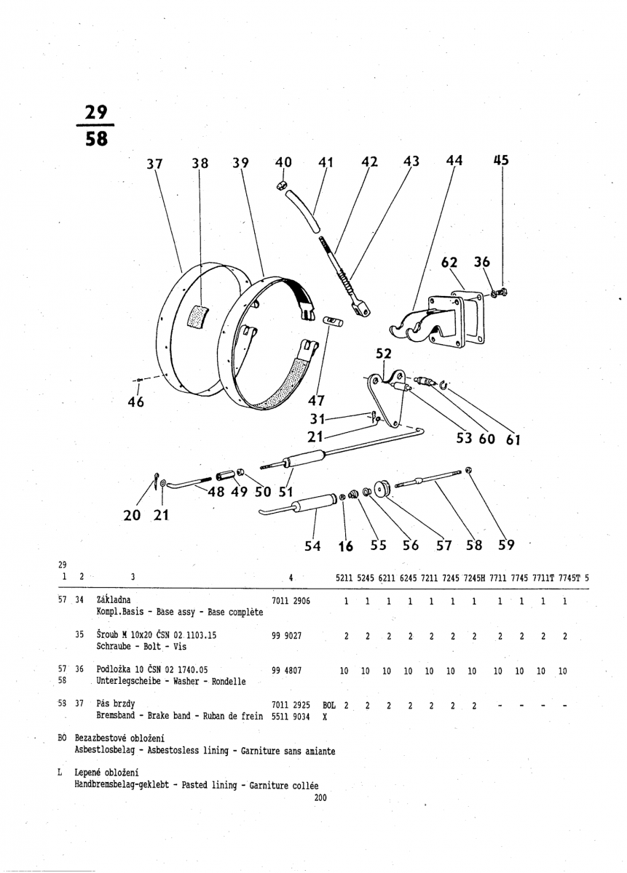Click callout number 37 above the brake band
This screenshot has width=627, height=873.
pyautogui.click(x=153, y=164)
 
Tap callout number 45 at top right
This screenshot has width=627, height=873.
pyautogui.click(x=501, y=160)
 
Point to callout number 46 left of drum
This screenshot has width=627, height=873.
pyautogui.click(x=136, y=401)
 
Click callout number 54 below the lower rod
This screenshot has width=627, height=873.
pyautogui.click(x=312, y=546)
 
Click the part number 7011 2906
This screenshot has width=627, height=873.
pyautogui.click(x=291, y=601)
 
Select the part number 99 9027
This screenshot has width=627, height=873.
pyautogui.click(x=286, y=635)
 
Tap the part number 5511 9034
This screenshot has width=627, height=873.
pyautogui.click(x=291, y=717)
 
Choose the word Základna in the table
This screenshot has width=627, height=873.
pyautogui.click(x=114, y=600)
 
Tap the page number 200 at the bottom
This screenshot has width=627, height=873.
pyautogui.click(x=320, y=797)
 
